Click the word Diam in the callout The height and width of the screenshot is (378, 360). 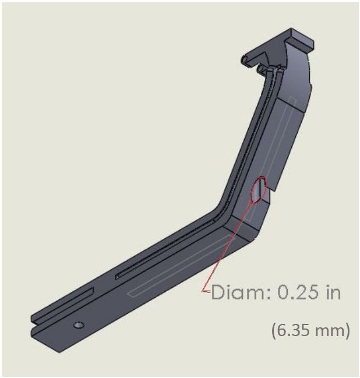click(238, 292)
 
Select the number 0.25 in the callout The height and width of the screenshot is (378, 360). click(295, 292)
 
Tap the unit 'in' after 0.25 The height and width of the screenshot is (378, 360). click(333, 292)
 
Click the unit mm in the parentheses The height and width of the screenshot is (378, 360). click(330, 331)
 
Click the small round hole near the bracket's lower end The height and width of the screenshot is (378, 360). click(79, 325)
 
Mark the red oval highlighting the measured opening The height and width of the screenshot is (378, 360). click(259, 190)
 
